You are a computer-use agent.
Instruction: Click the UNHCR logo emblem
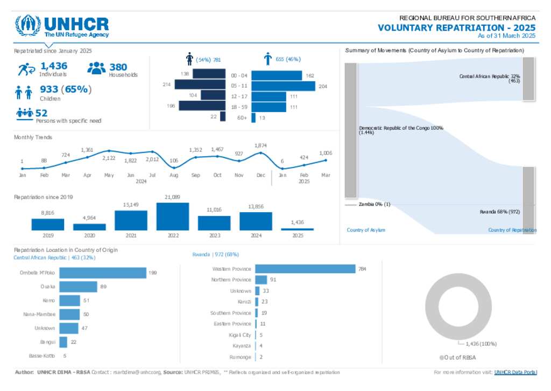(27, 25)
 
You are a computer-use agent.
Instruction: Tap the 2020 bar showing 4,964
(89, 227)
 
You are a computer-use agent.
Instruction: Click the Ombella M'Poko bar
(102, 273)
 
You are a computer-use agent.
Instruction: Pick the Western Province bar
(305, 268)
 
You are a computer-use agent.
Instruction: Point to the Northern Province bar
(261, 280)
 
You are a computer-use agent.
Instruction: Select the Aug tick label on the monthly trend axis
(174, 175)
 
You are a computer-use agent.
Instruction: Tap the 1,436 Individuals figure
(54, 66)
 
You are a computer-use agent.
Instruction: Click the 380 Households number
(118, 67)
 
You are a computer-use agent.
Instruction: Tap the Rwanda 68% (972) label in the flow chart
(499, 212)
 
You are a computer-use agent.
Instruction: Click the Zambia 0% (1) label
(375, 204)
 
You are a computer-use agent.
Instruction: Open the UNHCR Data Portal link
(515, 372)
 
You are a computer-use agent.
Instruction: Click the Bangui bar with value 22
(63, 342)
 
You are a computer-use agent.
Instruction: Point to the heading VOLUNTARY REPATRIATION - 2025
(456, 27)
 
